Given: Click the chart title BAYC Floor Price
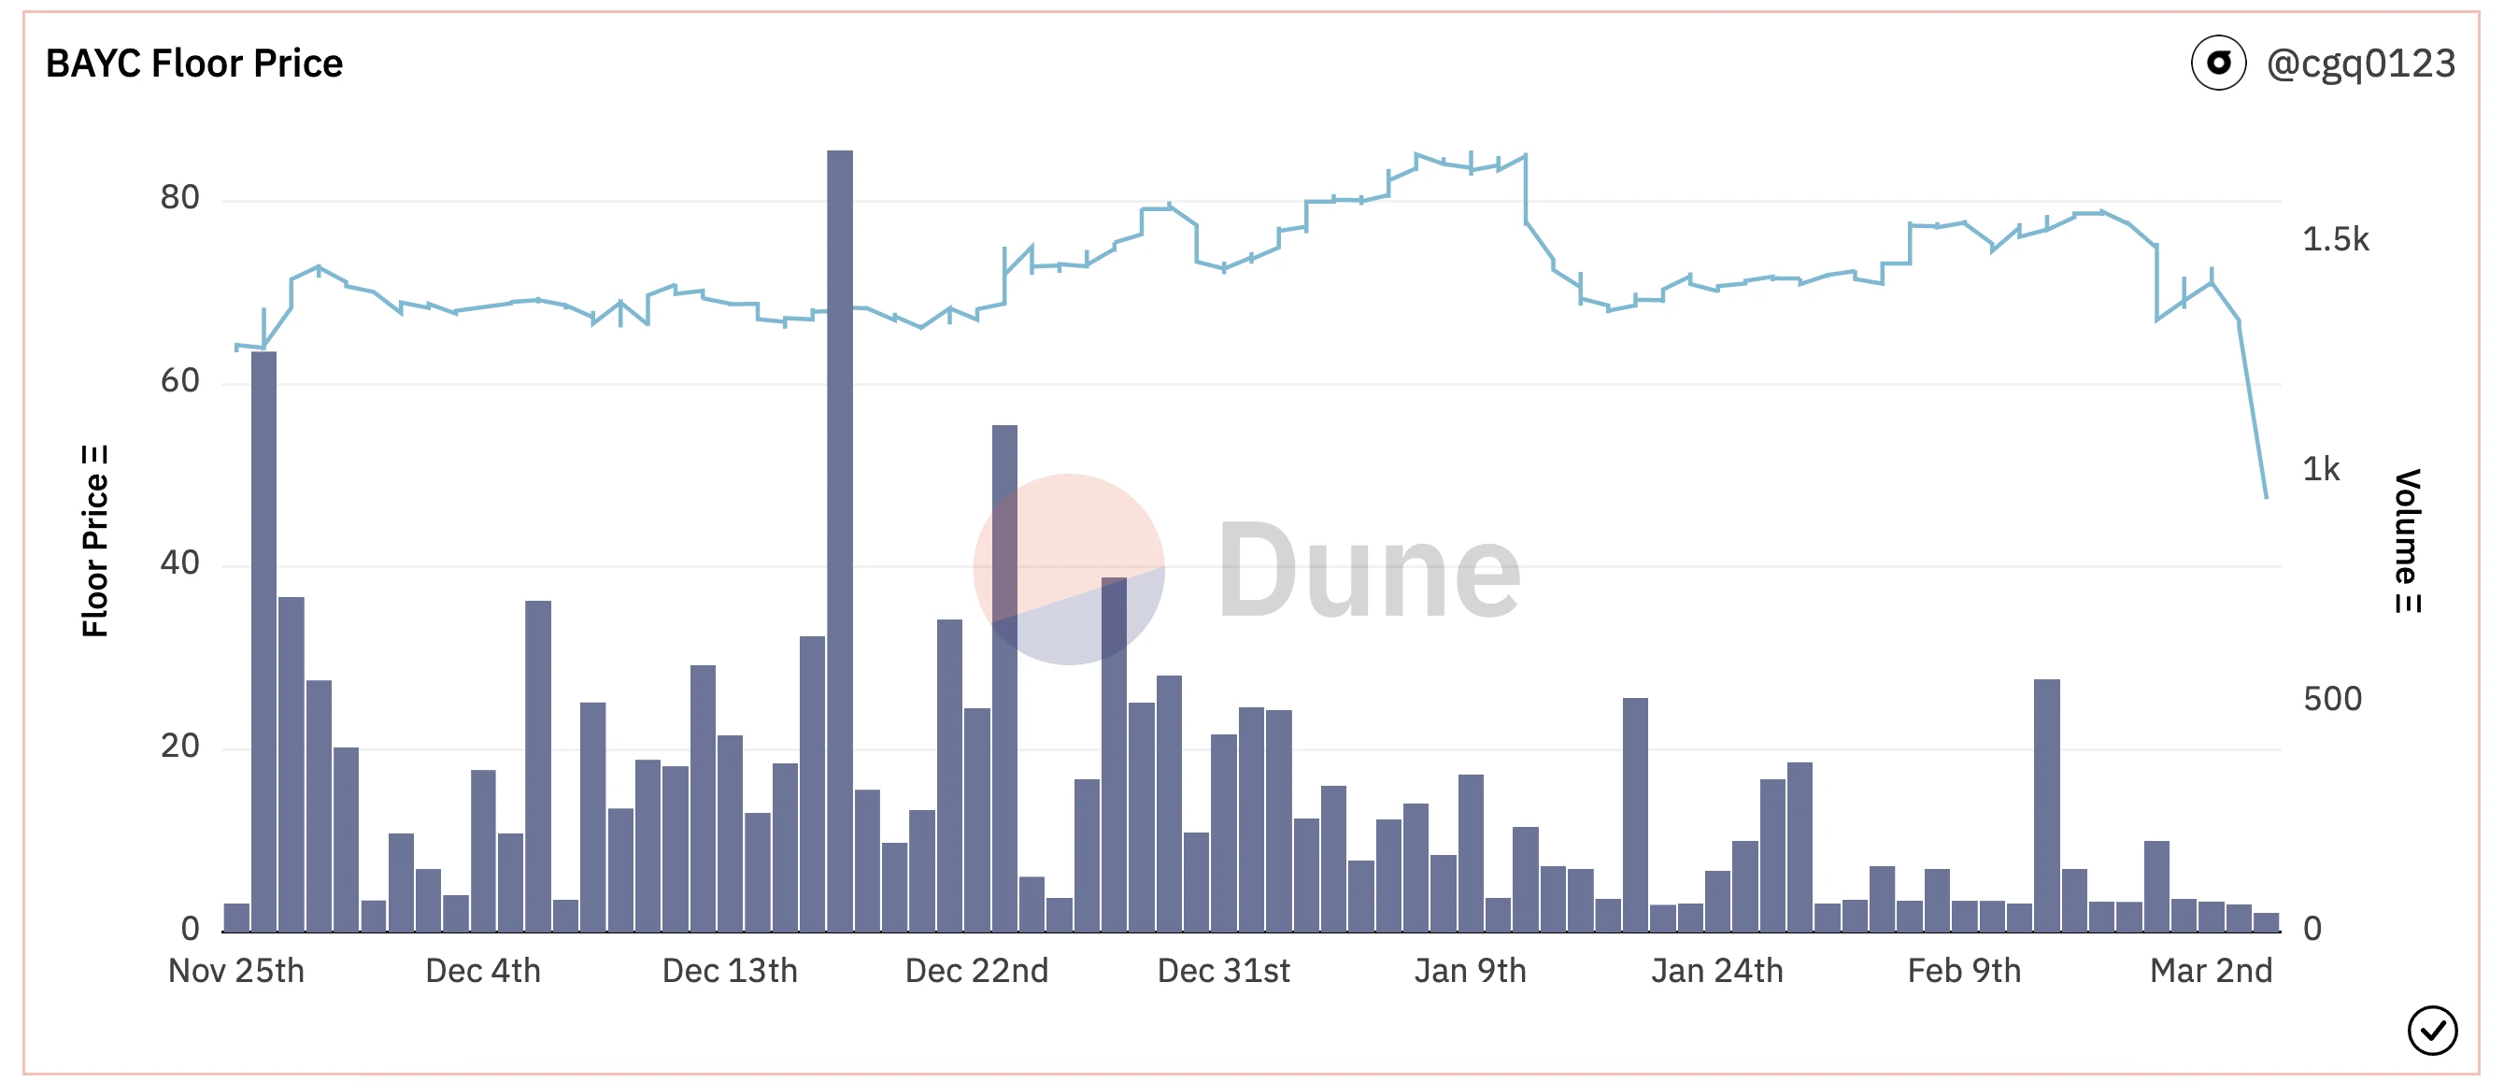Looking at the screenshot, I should [x=194, y=64].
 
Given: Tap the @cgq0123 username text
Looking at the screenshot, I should [x=2360, y=64].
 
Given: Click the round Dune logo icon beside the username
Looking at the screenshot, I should [x=2218, y=64].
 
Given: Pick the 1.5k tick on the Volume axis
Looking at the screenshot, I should [x=2336, y=240].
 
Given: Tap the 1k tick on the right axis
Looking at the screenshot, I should [x=2321, y=470].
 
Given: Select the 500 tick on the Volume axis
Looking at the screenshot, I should [x=2332, y=699].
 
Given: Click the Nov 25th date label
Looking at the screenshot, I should [x=236, y=971].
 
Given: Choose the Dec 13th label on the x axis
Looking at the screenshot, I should [x=730, y=971].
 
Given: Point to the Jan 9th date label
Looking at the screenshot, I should [x=1470, y=971].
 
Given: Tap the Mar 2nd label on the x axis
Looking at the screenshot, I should [x=2212, y=971].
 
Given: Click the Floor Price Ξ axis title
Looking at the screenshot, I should [x=95, y=540].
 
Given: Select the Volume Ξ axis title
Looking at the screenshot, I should [x=2407, y=540].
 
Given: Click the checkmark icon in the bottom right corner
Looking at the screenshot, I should [x=2432, y=1031].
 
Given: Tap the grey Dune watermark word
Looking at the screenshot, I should [x=1369, y=571].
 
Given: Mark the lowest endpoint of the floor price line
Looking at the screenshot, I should [x=2266, y=497].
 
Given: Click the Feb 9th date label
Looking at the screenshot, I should [x=1965, y=971].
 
